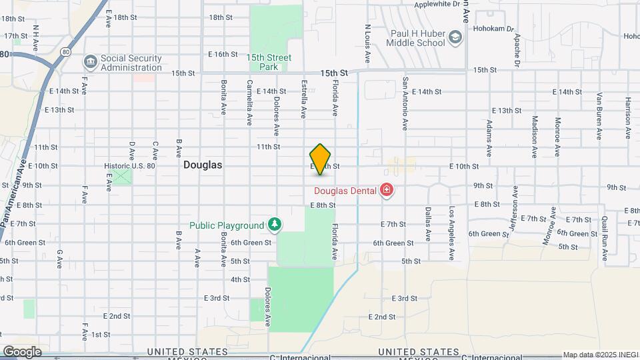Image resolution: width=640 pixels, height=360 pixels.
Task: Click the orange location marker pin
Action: tap(320, 159)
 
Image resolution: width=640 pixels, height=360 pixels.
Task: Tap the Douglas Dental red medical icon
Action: tap(386, 191)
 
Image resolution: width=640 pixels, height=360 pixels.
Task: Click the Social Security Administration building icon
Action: tap(90, 63)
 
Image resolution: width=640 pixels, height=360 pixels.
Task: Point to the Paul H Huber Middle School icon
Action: tap(455, 38)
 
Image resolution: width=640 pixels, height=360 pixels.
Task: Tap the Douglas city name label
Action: tap(203, 164)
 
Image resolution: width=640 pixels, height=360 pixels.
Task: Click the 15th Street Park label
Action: tap(269, 62)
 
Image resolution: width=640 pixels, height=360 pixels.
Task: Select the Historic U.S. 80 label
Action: tap(129, 166)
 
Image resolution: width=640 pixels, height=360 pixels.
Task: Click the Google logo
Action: tap(22, 351)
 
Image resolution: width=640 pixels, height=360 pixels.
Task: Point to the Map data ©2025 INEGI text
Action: tap(599, 355)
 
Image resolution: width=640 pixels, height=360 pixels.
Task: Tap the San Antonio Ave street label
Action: tap(405, 103)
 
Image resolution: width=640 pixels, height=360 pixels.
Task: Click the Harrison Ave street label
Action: tap(628, 118)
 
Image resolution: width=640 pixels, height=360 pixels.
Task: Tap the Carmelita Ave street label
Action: tap(249, 103)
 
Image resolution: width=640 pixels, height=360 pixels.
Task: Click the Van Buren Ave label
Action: tap(599, 115)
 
